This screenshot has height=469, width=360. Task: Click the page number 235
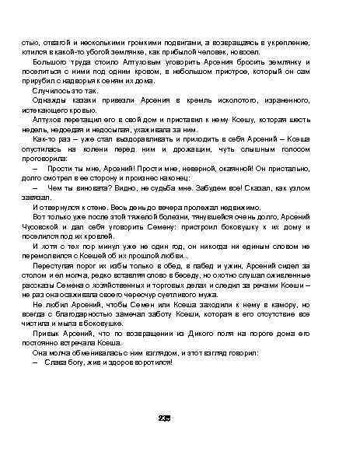pyautogui.click(x=164, y=418)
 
